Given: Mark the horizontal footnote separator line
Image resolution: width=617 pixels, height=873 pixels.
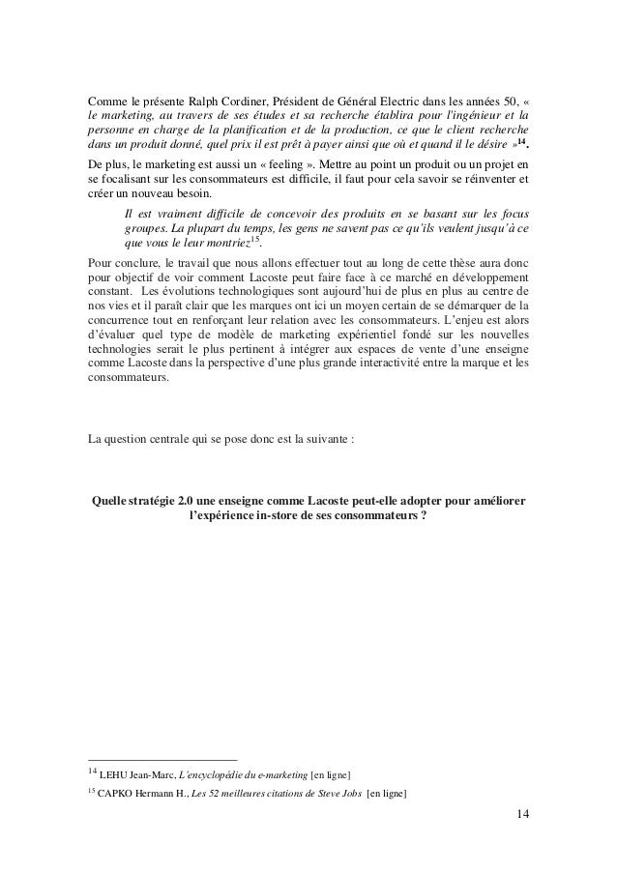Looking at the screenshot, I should click(162, 759).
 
